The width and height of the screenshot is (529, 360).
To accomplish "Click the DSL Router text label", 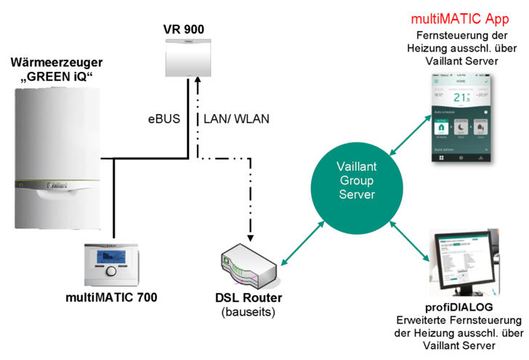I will tap(249, 298).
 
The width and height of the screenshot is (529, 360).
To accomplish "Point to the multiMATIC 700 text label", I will tap(111, 297).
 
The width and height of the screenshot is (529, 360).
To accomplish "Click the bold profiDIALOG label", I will tap(461, 307).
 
